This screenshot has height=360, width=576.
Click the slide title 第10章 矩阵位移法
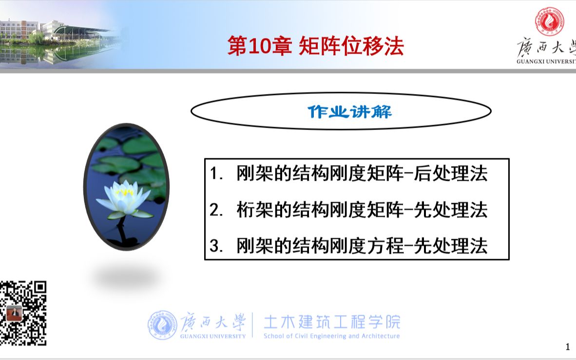(x=316, y=47)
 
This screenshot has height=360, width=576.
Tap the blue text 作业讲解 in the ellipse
(x=349, y=112)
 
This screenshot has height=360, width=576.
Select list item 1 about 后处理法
(x=349, y=174)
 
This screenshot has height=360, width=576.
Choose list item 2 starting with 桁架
(x=349, y=210)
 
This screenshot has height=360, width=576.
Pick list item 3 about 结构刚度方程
(x=349, y=246)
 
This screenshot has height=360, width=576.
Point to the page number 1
(x=567, y=347)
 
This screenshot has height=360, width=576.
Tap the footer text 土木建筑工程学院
(x=331, y=322)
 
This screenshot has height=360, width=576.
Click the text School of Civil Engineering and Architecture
(x=331, y=336)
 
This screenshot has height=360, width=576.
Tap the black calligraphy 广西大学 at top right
(x=546, y=49)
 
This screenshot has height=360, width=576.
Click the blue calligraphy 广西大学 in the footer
(x=213, y=322)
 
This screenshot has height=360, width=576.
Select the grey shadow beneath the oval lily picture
(x=126, y=278)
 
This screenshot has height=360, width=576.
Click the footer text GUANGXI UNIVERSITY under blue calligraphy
(x=213, y=336)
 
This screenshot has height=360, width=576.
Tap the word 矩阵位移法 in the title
(x=350, y=47)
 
